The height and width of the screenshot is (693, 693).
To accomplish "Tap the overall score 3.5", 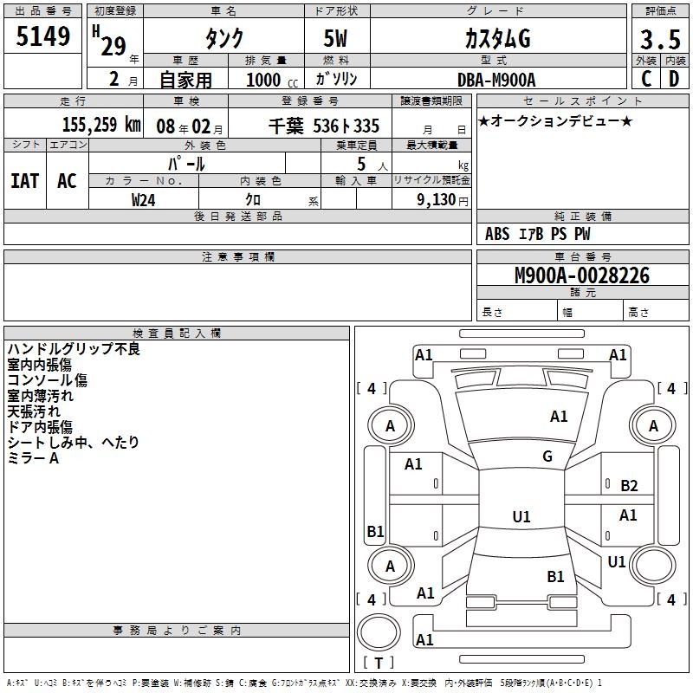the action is (x=659, y=40).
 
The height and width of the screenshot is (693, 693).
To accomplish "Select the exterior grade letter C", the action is (x=645, y=79).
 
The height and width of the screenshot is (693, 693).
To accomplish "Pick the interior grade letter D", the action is (x=674, y=79).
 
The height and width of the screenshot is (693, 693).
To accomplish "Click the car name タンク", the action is (x=223, y=39).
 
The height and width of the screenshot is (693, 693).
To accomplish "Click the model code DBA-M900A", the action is (x=496, y=80).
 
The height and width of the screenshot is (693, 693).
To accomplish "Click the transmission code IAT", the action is (x=25, y=180).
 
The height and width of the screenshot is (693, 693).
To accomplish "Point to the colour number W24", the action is (x=144, y=199).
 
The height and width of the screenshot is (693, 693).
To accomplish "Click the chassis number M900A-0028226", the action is (x=581, y=275).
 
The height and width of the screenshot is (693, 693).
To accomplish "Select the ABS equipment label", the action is (x=497, y=234).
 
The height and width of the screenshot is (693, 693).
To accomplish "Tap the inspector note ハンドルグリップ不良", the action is (x=74, y=349).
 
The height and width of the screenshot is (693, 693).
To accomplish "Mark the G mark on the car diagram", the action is (x=547, y=457).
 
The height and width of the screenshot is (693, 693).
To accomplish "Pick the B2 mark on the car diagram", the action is (x=629, y=486).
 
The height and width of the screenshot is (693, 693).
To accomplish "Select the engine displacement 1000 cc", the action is (x=264, y=80).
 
